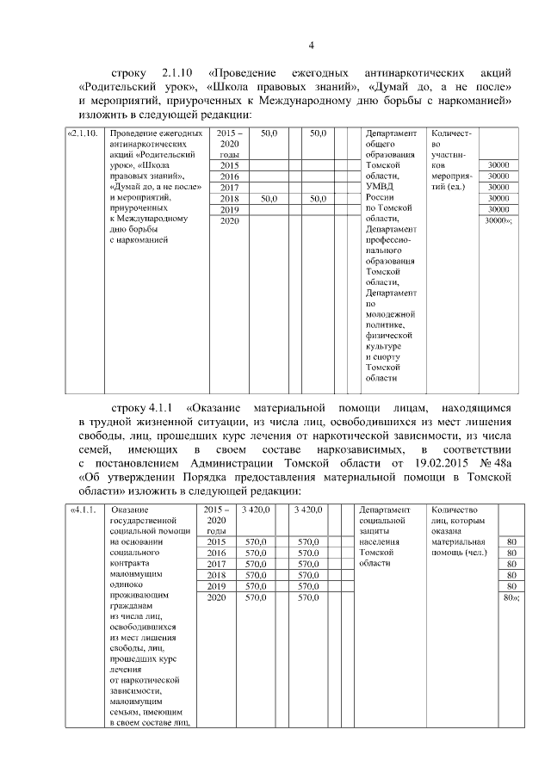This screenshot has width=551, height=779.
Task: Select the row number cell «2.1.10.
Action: click(85, 134)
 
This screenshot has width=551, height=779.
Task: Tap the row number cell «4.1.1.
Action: click(84, 510)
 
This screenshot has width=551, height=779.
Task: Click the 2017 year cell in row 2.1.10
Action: click(229, 187)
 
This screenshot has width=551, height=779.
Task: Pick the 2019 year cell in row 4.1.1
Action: click(217, 586)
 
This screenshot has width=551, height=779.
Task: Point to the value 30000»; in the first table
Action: click(498, 221)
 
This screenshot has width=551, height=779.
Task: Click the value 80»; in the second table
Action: click(511, 597)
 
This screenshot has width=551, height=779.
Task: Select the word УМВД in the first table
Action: click(380, 186)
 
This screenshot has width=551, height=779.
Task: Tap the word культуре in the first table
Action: click(383, 344)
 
